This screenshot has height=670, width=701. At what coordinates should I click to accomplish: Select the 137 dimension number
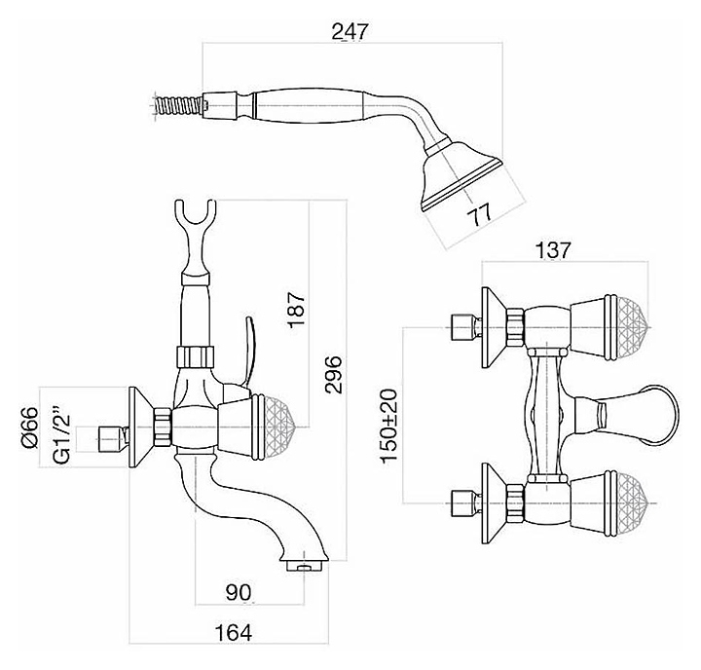click(x=552, y=249)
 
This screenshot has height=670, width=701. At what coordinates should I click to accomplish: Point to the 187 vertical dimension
click(x=298, y=310)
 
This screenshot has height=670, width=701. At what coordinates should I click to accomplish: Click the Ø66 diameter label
click(x=28, y=426)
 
